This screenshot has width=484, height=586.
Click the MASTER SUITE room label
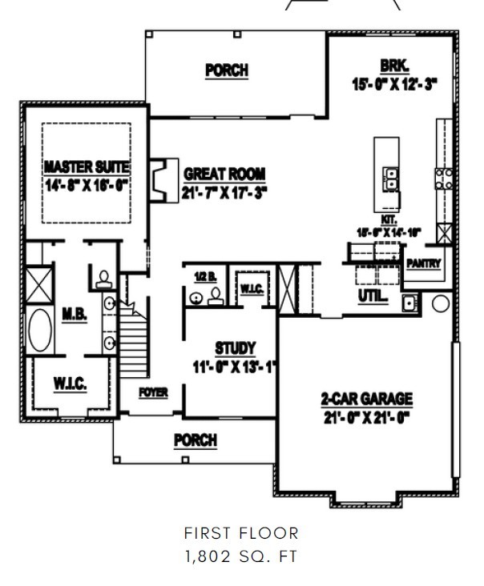click(x=86, y=167)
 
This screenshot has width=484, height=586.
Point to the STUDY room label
click(x=235, y=348)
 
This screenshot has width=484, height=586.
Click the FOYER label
click(x=152, y=393)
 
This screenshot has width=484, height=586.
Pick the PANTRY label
click(x=422, y=263)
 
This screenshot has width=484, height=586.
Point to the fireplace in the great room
click(x=163, y=180)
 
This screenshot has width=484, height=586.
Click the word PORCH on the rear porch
click(x=226, y=70)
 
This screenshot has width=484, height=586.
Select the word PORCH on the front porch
click(x=196, y=440)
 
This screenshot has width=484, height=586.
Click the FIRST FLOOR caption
click(x=241, y=533)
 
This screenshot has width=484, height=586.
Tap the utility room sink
click(x=408, y=303)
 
